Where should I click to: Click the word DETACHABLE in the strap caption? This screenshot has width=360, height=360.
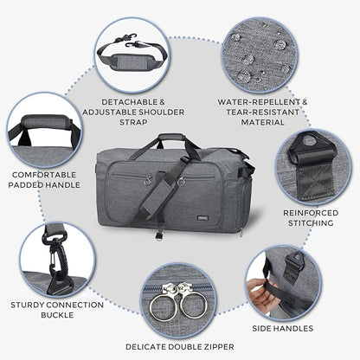(x=127, y=100)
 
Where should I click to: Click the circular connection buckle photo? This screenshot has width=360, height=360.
(x=47, y=254)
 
